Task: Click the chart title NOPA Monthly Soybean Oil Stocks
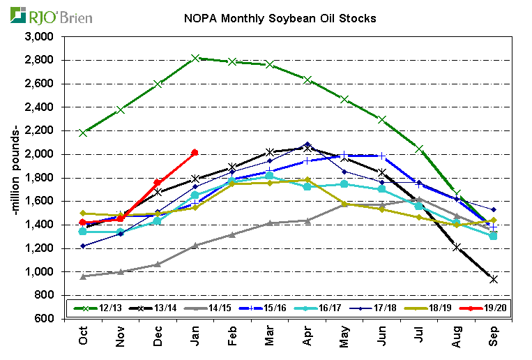279,18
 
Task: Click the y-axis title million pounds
16,177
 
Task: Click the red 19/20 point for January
195,152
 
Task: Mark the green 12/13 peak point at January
195,58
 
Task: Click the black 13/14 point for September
494,279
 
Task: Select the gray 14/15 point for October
83,276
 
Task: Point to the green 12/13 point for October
83,132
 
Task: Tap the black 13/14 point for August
456,246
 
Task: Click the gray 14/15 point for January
195,246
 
